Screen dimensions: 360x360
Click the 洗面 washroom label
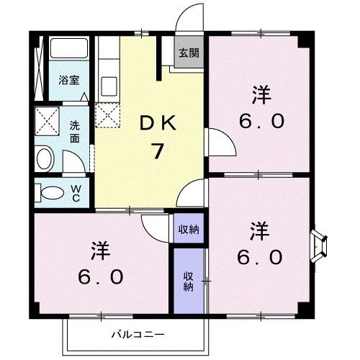point(75,131)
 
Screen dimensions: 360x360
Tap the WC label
point(75,192)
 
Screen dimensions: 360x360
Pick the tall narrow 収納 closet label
point(188,281)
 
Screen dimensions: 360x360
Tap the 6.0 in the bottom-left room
point(102,276)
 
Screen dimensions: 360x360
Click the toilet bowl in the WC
point(51,193)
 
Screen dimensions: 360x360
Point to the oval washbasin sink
point(45,158)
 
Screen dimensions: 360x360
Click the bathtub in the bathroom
point(68,50)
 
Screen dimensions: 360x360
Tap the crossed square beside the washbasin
point(47,120)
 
